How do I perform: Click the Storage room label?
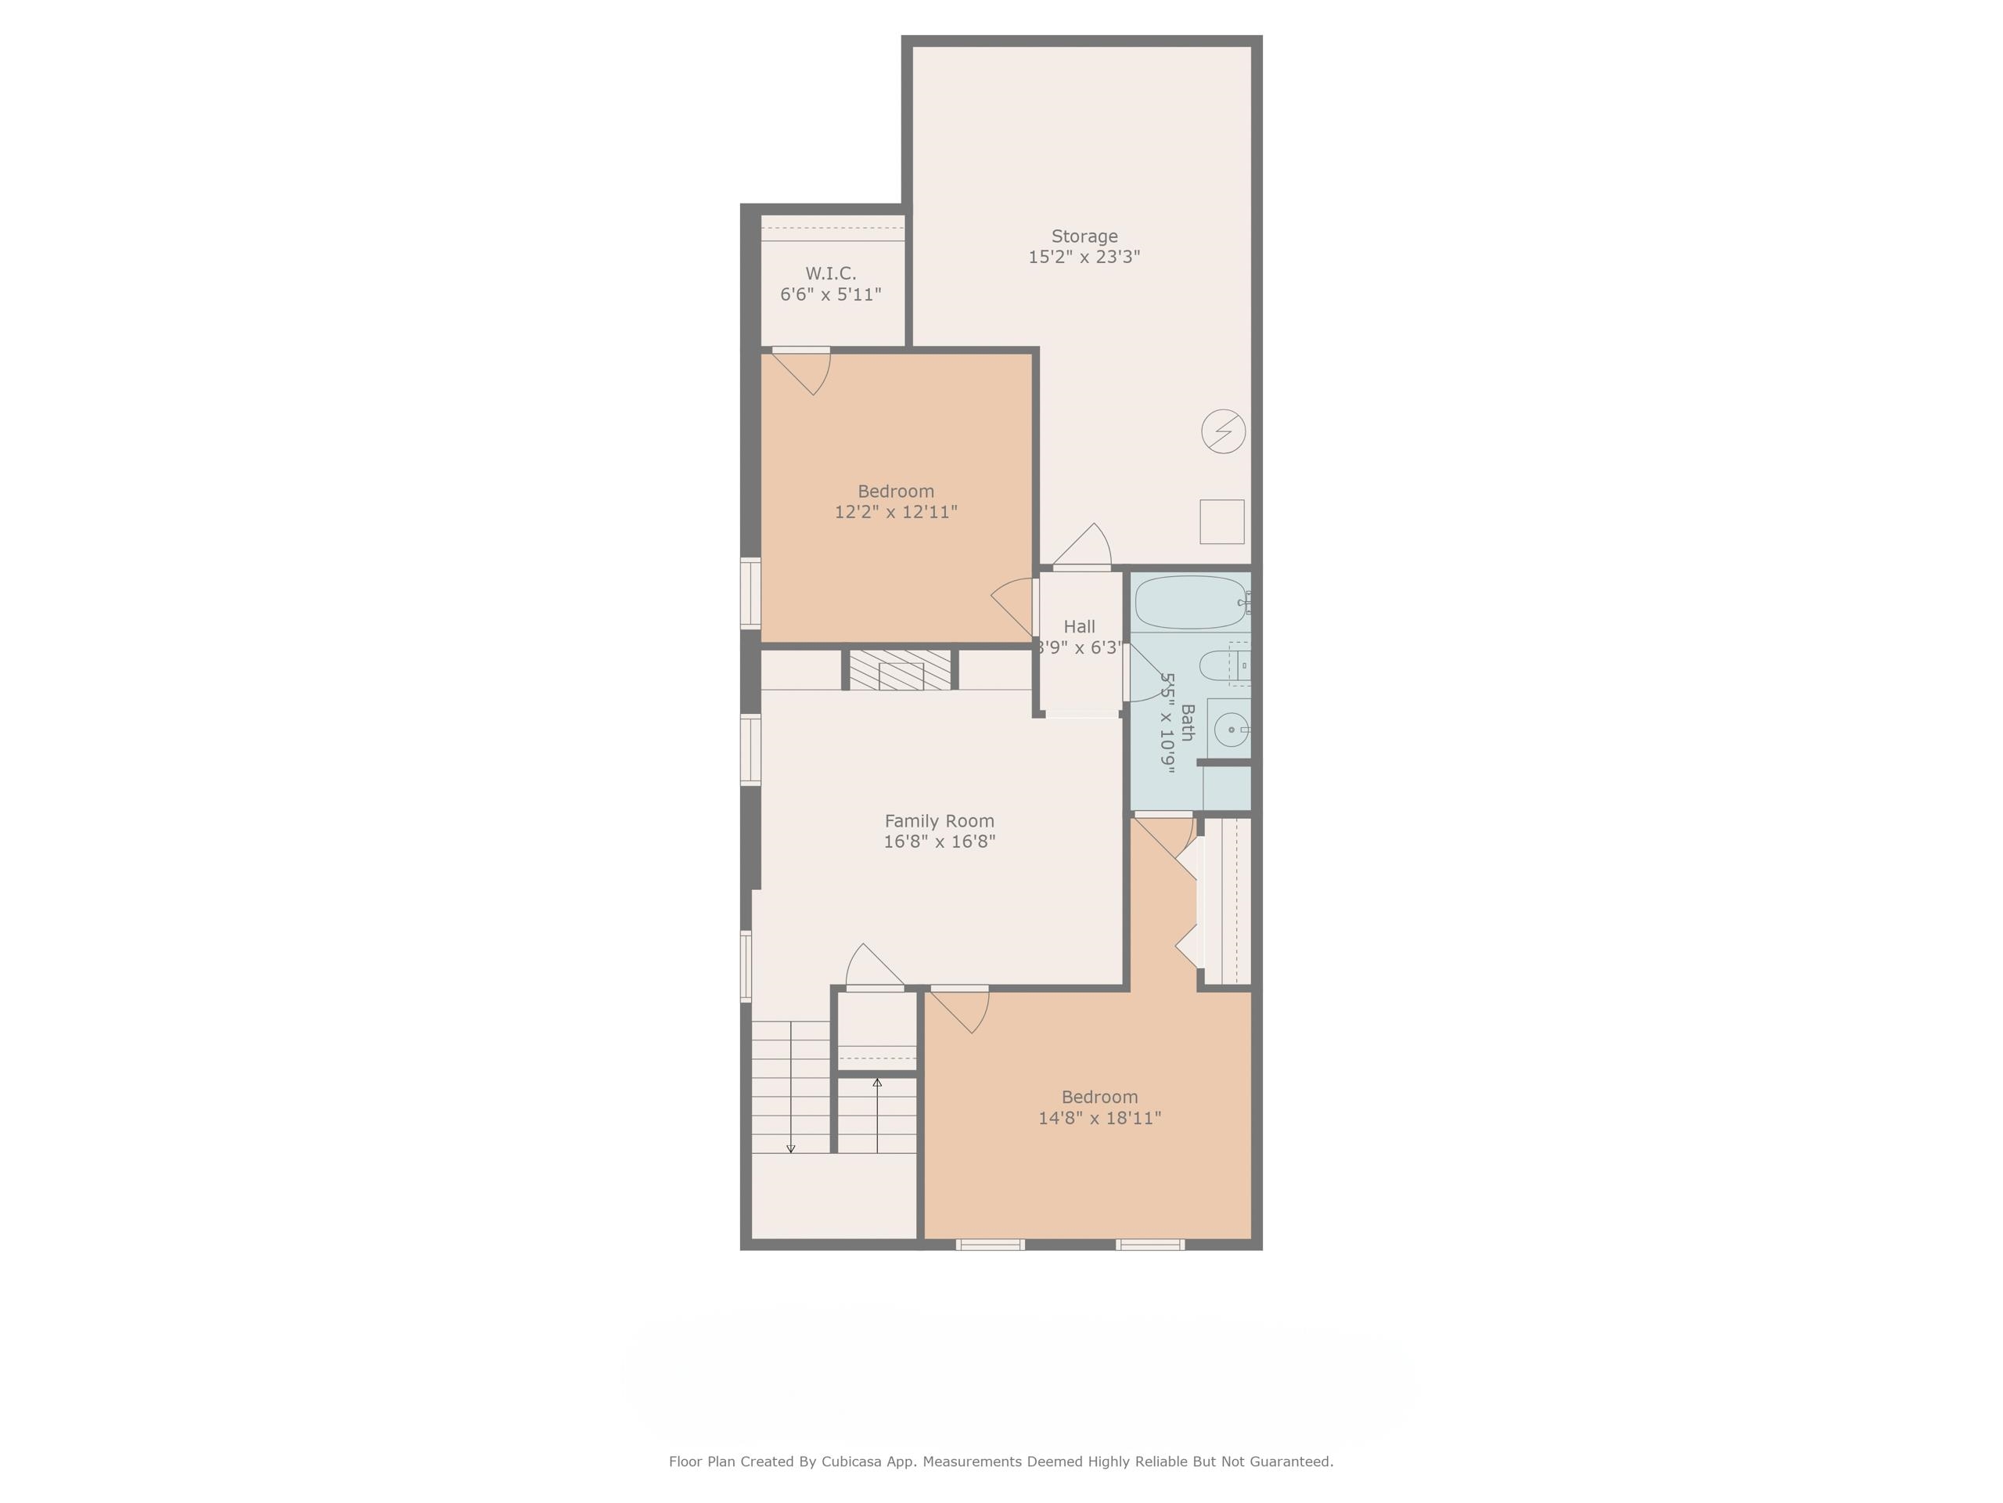pyautogui.click(x=1084, y=236)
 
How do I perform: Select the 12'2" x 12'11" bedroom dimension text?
pyautogui.click(x=896, y=512)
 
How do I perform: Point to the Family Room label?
pyautogui.click(x=939, y=821)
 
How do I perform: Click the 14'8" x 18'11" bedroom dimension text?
pyautogui.click(x=1099, y=1118)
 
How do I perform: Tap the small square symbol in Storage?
pyautogui.click(x=1221, y=522)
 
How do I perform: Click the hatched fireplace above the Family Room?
pyautogui.click(x=900, y=669)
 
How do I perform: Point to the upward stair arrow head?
pyautogui.click(x=876, y=1083)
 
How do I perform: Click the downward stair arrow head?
pyautogui.click(x=790, y=1148)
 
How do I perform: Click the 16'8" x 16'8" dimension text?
pyautogui.click(x=939, y=842)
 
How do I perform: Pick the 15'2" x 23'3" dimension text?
pyautogui.click(x=1084, y=258)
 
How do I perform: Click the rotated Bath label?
pyautogui.click(x=1187, y=722)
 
